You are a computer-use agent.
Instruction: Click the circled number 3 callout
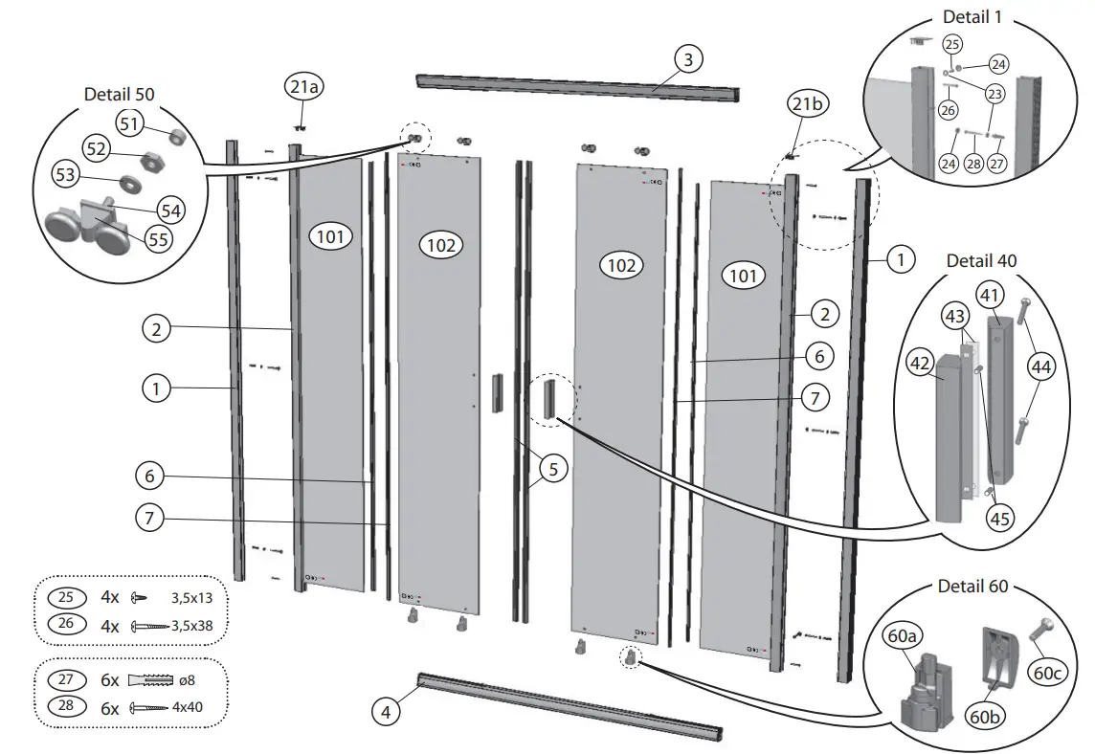(x=687, y=58)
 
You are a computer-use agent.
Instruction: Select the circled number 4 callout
(x=386, y=712)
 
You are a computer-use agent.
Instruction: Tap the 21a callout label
(x=304, y=88)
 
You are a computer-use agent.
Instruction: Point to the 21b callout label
(x=805, y=103)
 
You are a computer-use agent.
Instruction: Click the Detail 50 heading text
(x=119, y=94)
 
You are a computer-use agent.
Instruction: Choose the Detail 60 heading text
(x=972, y=586)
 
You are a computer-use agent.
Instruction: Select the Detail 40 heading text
(x=981, y=260)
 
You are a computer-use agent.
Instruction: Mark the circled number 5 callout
(x=552, y=469)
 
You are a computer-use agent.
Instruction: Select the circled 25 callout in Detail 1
(x=951, y=44)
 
